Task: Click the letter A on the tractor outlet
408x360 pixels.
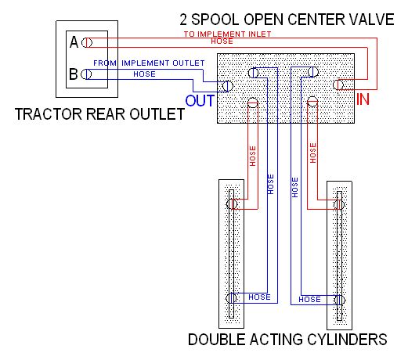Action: [x=74, y=42]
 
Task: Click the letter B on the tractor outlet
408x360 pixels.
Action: [x=74, y=74]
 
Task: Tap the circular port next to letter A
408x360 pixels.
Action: [x=87, y=42]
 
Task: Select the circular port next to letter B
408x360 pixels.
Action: [x=86, y=74]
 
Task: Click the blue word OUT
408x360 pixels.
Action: [x=200, y=100]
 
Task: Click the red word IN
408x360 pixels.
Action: [x=363, y=99]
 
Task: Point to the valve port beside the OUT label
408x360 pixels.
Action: [x=228, y=86]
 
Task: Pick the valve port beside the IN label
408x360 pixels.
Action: [x=338, y=85]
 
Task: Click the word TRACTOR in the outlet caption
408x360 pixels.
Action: [x=49, y=114]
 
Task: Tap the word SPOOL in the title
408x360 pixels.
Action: [x=215, y=20]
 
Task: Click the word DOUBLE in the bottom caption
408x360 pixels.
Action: [x=217, y=340]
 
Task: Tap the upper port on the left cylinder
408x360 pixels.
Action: [x=232, y=203]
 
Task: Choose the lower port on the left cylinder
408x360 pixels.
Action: [x=231, y=298]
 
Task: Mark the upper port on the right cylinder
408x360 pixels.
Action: [x=339, y=204]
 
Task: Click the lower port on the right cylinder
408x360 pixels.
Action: [x=340, y=300]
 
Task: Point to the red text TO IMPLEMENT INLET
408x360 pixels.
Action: [x=227, y=34]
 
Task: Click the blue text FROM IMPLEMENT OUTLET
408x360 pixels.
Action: [x=149, y=63]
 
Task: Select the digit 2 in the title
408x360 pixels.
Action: [x=183, y=20]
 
